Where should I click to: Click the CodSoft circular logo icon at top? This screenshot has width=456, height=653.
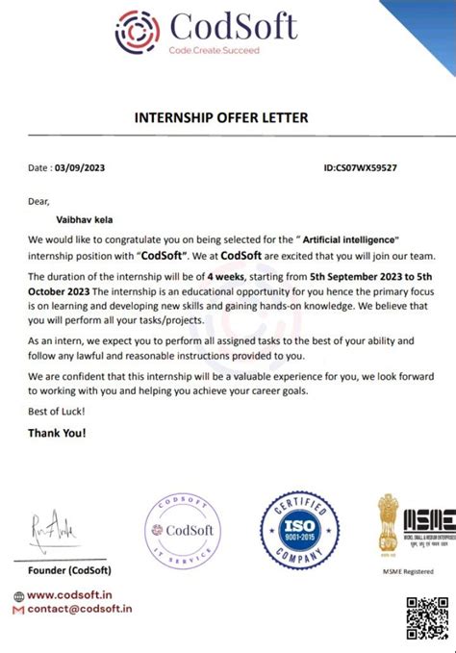139,32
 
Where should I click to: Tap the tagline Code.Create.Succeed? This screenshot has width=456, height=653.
214,50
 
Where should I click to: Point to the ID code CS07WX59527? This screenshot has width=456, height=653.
373,167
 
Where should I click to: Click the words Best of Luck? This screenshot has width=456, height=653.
56,411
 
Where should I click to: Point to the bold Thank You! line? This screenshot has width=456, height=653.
57,432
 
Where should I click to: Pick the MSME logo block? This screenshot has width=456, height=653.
408,524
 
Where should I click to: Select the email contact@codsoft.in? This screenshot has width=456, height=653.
79,609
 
